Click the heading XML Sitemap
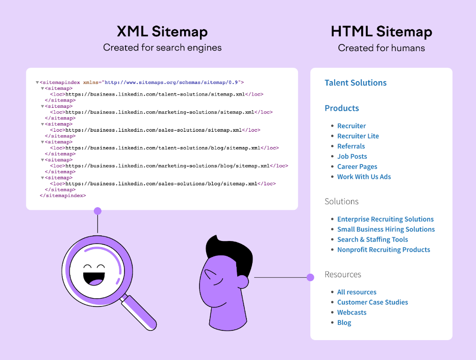(162, 32)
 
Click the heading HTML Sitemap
(381, 32)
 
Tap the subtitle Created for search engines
(162, 48)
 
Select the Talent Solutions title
(356, 83)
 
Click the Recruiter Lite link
(358, 136)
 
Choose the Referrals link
(351, 147)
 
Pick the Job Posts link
(352, 157)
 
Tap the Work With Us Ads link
(364, 177)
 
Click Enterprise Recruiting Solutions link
(385, 219)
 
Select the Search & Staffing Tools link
(372, 239)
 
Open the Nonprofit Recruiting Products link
(383, 250)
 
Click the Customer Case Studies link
(372, 302)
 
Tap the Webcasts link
(352, 313)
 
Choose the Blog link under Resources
(344, 323)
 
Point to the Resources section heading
(342, 275)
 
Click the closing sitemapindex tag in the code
(63, 196)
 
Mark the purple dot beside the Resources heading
(310, 277)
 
